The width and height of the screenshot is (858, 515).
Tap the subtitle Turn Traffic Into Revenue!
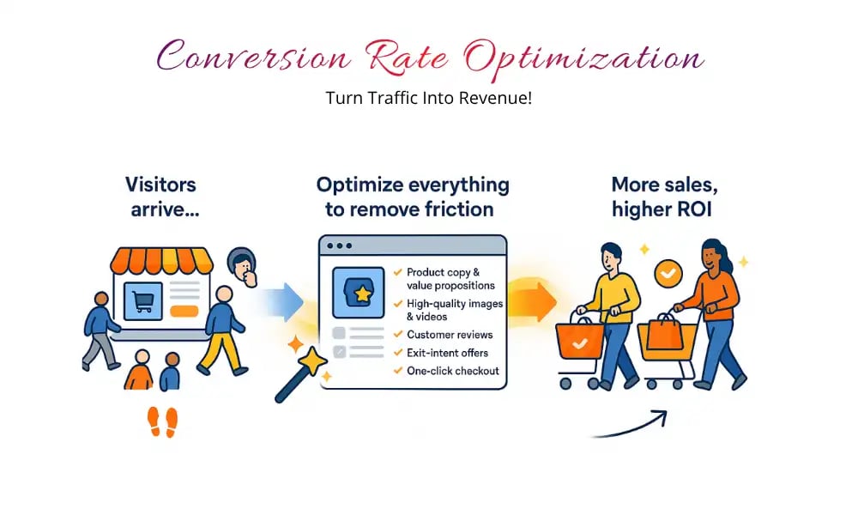pos(428,97)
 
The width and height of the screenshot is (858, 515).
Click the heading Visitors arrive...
pos(160,197)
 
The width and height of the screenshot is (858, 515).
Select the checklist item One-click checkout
pos(452,371)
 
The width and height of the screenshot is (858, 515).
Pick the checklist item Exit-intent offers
pos(448,352)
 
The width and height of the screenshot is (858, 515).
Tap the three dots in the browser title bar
pos(339,245)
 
